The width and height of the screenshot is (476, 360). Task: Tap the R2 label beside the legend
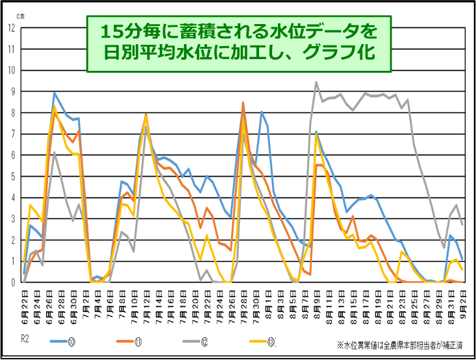(24, 338)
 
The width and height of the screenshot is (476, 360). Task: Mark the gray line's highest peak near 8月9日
(316, 83)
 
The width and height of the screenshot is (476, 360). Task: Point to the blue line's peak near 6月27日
(55, 92)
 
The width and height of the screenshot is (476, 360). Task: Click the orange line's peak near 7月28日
(243, 103)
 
